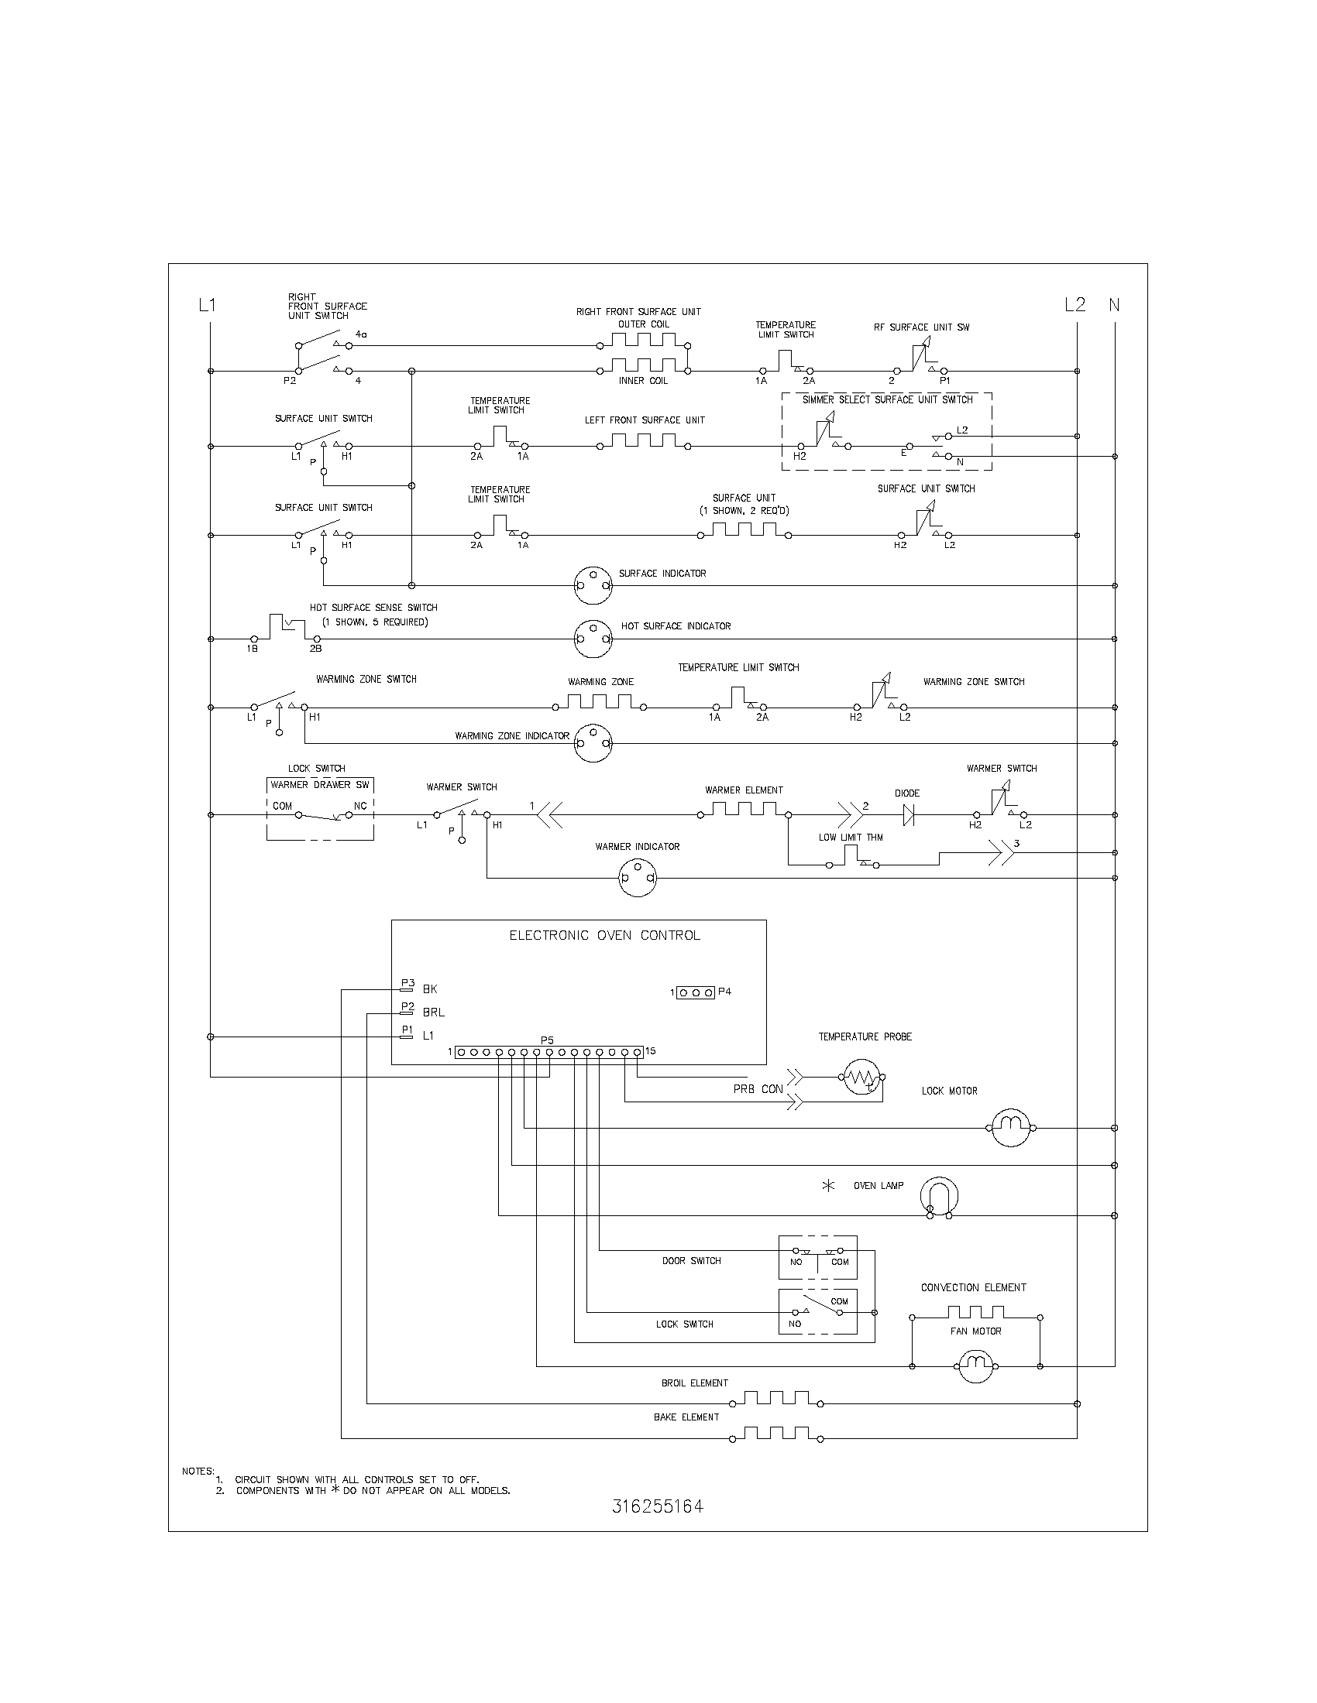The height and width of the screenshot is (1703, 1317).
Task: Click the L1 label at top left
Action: tap(207, 306)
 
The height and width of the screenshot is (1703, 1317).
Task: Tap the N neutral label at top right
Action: tap(1114, 305)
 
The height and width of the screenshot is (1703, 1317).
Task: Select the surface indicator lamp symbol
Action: tap(593, 584)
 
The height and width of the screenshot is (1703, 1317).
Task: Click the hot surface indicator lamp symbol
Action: tap(593, 639)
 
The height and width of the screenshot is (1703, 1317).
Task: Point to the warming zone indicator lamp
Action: tap(593, 743)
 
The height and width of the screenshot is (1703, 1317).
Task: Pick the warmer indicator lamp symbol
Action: tap(638, 878)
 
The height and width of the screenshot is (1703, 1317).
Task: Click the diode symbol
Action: tap(907, 815)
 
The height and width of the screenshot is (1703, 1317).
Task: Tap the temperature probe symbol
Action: tap(861, 1077)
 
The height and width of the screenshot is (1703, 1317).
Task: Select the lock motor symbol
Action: tap(1011, 1128)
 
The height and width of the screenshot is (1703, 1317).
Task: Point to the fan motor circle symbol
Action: tap(975, 1365)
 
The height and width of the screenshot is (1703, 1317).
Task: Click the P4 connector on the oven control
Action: tap(696, 992)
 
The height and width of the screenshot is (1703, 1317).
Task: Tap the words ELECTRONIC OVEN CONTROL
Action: tap(605, 936)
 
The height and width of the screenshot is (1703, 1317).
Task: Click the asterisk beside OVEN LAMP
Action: tap(829, 1186)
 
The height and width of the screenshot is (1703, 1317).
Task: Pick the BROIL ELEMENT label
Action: tap(694, 1383)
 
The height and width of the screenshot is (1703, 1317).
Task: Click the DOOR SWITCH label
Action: tap(691, 1261)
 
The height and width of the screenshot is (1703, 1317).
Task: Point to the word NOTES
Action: tap(198, 1471)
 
